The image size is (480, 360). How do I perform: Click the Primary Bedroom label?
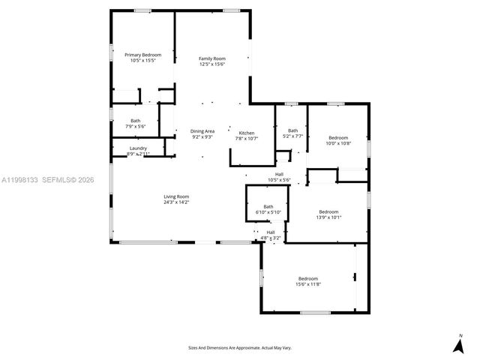tap(142, 55)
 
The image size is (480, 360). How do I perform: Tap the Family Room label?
tap(211, 58)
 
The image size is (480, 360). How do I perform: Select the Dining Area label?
tap(202, 131)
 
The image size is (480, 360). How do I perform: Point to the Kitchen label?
tap(247, 133)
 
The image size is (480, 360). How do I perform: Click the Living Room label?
tap(176, 196)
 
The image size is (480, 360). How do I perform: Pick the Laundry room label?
tap(138, 148)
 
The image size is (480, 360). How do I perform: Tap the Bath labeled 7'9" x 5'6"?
tap(135, 121)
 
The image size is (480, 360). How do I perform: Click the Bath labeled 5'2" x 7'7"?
tap(292, 130)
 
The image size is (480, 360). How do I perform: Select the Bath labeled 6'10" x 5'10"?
tap(268, 207)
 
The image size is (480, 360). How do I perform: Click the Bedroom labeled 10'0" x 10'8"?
tap(338, 137)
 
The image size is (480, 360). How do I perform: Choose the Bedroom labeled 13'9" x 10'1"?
tap(328, 211)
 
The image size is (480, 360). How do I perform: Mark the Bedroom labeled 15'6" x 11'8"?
tap(307, 278)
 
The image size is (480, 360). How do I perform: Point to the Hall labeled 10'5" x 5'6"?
tap(278, 174)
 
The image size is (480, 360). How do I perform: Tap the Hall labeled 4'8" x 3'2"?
tap(271, 232)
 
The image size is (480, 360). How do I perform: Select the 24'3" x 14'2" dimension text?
tap(176, 202)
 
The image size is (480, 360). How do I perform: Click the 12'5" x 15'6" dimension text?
tap(211, 64)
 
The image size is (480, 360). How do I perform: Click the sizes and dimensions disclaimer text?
tap(239, 347)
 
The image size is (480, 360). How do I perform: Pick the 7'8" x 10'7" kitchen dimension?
tap(247, 138)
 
